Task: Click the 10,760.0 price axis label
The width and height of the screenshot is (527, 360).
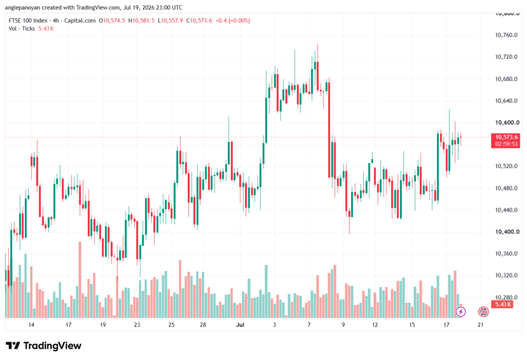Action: coord(506,35)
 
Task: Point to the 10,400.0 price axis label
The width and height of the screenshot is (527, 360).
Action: coord(507,232)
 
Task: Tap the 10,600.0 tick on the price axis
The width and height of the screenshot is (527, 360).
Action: coord(507,123)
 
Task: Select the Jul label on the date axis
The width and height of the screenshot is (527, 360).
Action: coord(240,324)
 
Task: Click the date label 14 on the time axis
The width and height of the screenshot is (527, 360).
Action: coord(31,324)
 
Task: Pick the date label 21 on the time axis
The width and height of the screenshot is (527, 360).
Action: coord(481,324)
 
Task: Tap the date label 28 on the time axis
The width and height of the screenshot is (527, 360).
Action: coord(203,324)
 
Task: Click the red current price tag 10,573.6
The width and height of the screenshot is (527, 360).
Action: coord(506,137)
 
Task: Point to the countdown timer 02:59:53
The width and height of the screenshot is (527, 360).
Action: coord(506,144)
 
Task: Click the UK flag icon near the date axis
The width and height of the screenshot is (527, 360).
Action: coord(483,312)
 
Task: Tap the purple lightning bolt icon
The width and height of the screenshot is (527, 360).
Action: coord(461,312)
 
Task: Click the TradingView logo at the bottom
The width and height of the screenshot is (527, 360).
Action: coord(44,346)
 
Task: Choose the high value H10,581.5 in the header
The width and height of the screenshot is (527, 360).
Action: coord(142,21)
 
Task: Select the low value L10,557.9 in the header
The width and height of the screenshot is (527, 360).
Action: coord(170,21)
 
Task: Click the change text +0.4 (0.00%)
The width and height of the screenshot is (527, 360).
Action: coord(233,21)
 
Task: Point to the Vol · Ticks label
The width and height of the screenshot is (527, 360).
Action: coord(22,29)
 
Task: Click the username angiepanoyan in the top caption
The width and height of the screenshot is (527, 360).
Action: coord(23,7)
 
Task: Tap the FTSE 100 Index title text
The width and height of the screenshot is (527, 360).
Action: coord(28,21)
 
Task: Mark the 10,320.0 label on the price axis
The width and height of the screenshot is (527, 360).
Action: coord(506,276)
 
